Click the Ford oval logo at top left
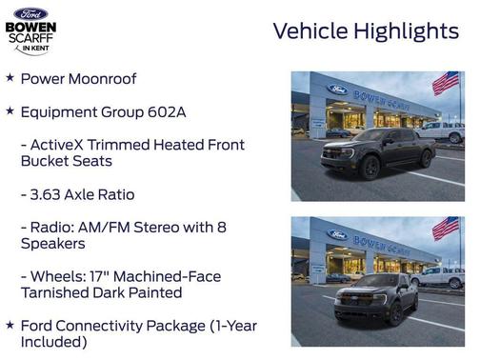[x=30, y=12]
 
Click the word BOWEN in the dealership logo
[x=30, y=29]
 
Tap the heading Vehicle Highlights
[x=366, y=31]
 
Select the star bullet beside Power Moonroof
[x=10, y=77]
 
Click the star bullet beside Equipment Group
[x=10, y=111]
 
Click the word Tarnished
[x=57, y=292]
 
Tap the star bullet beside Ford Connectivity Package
[x=10, y=325]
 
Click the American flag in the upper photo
[x=446, y=83]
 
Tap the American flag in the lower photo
[x=446, y=229]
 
